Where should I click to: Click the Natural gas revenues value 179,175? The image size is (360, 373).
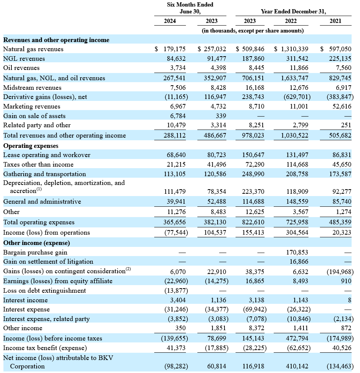tap(174, 49)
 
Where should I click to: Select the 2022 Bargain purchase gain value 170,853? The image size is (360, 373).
tap(297, 252)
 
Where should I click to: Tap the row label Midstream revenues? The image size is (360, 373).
tap(32, 88)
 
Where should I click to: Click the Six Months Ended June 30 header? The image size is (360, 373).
tap(190, 8)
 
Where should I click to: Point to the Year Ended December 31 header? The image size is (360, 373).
tap(294, 11)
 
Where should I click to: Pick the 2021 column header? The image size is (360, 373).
tap(335, 21)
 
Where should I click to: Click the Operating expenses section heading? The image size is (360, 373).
tap(31, 146)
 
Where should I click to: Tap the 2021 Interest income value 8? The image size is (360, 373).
tap(350, 300)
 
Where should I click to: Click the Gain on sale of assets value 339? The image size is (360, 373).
tap(221, 116)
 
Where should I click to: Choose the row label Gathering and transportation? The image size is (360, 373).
tap(45, 174)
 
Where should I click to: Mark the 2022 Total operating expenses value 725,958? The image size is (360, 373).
tap(297, 222)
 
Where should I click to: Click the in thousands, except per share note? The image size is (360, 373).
tap(253, 31)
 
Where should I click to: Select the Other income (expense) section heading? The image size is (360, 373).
tap(37, 243)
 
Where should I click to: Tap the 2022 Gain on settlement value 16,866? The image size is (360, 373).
tap(299, 262)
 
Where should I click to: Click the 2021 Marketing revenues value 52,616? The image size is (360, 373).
tap(342, 106)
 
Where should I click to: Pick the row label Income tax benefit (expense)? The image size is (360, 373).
tap(45, 348)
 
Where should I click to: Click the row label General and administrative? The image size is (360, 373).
tap(42, 202)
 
